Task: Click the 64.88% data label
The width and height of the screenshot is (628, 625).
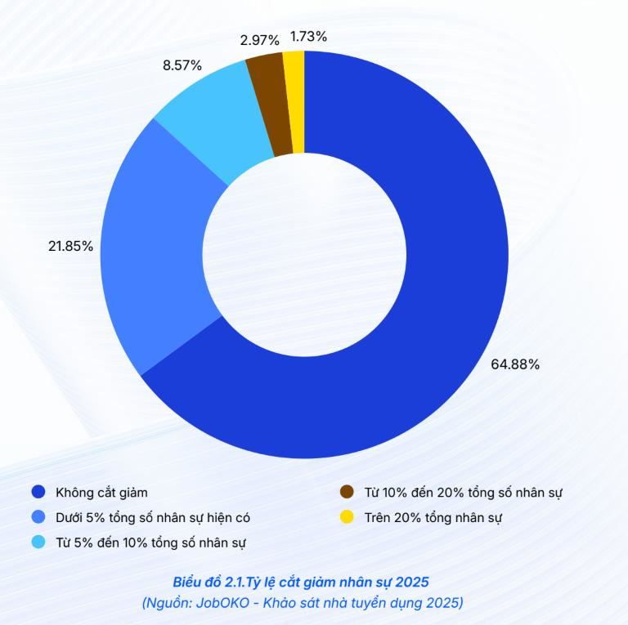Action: point(514,364)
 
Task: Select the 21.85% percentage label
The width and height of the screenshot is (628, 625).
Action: point(70,246)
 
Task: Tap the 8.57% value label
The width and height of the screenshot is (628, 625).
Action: point(182,65)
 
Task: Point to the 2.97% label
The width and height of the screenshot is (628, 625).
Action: point(260,39)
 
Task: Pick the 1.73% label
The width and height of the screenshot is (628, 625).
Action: point(308,36)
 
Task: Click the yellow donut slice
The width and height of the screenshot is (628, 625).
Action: point(294,102)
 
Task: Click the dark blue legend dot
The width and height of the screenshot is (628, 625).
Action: point(38,492)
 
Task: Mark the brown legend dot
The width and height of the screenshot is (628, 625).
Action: point(347,492)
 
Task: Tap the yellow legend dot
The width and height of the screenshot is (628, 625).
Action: point(347,517)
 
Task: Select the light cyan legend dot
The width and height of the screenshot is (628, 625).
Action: point(38,542)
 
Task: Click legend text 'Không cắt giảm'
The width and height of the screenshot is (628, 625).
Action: point(101,493)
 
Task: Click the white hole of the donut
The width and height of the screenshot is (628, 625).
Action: point(304,254)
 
